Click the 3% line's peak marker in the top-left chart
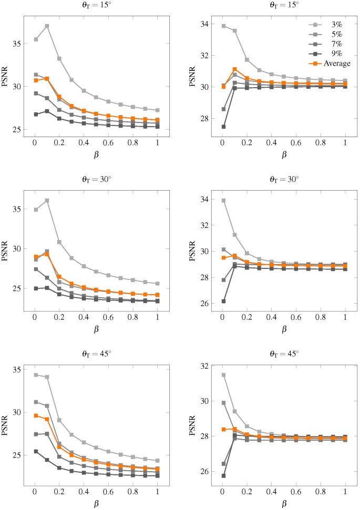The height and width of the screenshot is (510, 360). click(x=47, y=26)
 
